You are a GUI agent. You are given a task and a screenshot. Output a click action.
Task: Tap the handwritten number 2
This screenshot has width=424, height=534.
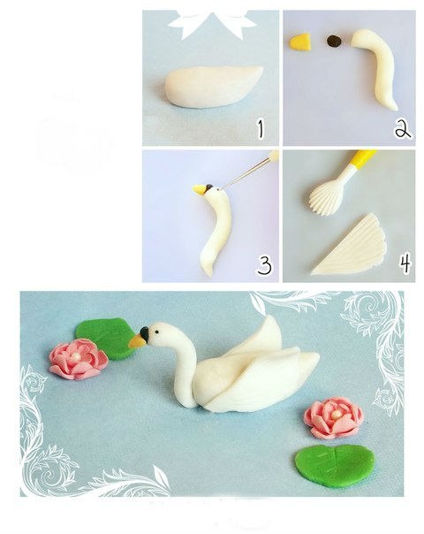[403, 129]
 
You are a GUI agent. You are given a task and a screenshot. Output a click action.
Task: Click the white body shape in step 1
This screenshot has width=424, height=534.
[214, 87]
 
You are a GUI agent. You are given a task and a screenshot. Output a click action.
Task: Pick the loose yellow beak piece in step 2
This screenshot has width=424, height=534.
[300, 42]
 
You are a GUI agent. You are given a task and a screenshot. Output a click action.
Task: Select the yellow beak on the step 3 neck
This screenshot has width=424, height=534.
[199, 189]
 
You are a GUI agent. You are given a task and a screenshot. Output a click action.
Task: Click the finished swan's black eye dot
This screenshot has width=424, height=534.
[156, 332]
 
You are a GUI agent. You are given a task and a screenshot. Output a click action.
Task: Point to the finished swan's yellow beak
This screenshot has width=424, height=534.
[138, 341]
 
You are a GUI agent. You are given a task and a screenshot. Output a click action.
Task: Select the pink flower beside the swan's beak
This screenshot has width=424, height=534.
[79, 361]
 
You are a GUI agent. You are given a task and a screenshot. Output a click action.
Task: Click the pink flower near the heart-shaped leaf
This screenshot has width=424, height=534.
[334, 418]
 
